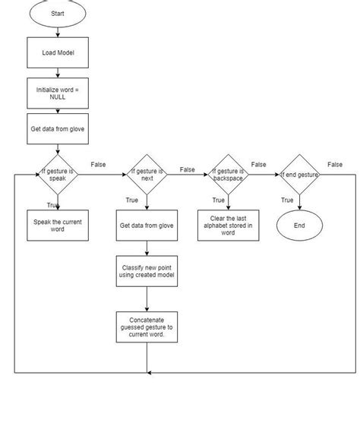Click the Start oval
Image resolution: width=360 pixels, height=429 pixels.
click(x=58, y=14)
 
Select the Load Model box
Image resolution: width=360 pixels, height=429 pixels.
click(x=58, y=53)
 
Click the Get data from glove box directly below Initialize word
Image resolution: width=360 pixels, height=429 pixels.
click(x=58, y=129)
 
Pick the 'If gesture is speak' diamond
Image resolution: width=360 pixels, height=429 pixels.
click(x=58, y=175)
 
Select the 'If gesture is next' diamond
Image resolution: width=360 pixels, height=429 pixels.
click(x=147, y=175)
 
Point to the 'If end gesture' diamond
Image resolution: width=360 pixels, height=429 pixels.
click(x=299, y=175)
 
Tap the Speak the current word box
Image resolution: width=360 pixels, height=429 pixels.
click(x=58, y=226)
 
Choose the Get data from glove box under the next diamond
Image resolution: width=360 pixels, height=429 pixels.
click(x=147, y=226)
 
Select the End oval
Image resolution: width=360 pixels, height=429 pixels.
click(x=299, y=226)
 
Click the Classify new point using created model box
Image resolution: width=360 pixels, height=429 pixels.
click(x=147, y=273)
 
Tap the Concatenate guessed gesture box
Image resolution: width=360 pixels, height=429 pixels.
click(x=147, y=327)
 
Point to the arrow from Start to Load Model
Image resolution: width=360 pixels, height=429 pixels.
click(x=58, y=32)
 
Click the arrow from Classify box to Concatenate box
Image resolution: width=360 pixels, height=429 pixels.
click(x=147, y=299)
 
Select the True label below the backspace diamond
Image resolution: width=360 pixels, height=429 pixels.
click(x=218, y=200)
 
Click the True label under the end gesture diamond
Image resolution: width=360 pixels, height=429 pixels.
click(x=287, y=200)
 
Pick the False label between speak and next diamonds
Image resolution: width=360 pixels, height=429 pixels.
click(x=98, y=164)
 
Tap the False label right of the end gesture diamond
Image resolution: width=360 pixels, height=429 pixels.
click(x=334, y=164)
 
